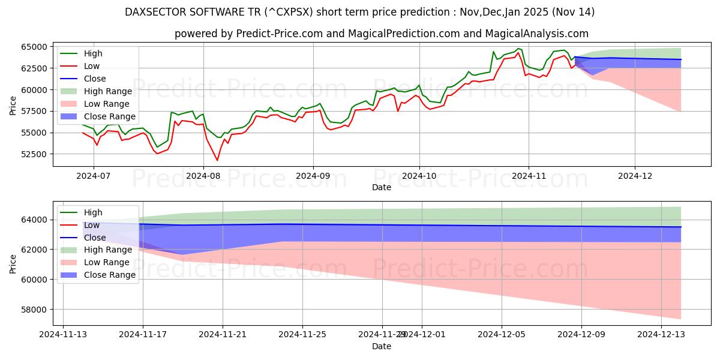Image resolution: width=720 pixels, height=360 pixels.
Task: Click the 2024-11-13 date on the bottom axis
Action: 63,335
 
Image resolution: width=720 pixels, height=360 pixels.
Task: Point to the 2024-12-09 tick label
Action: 581,335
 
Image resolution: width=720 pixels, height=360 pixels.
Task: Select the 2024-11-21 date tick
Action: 223,335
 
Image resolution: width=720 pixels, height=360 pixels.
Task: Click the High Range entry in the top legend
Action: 109,91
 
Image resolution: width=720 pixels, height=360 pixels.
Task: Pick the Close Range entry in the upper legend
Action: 110,116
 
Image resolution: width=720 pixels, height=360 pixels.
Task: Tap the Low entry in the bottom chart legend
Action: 92,225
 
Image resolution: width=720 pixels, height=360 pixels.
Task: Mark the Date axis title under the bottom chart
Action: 381,346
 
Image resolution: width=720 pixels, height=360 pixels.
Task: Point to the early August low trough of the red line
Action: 217,160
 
